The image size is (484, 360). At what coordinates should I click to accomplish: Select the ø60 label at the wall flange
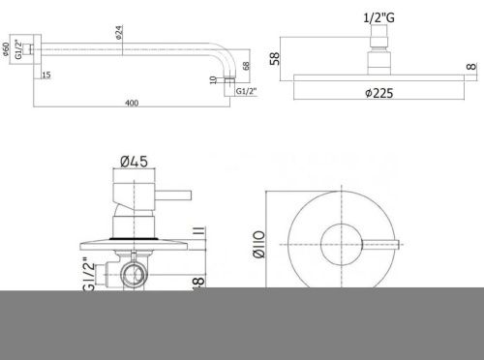(x=6, y=51)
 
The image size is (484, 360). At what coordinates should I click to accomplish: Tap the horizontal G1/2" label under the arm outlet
(x=247, y=91)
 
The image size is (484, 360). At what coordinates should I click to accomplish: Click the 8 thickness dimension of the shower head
(x=471, y=67)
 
